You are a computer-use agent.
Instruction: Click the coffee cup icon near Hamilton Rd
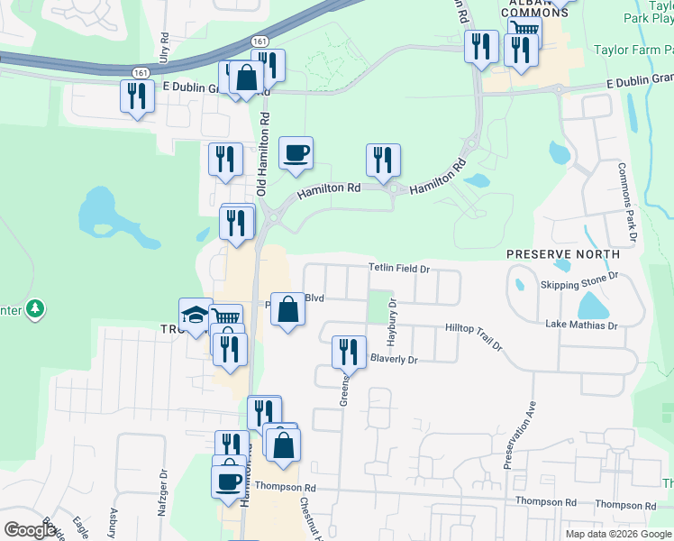click(x=296, y=154)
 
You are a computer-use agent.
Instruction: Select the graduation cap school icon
click(x=196, y=316)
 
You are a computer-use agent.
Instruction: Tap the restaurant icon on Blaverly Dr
click(x=349, y=352)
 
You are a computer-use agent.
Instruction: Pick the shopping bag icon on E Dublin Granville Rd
click(x=246, y=78)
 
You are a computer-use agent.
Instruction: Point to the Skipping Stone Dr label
click(x=578, y=285)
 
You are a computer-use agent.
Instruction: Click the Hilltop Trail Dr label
click(x=473, y=333)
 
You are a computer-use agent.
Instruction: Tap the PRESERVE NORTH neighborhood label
click(x=563, y=254)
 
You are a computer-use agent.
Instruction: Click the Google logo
click(x=30, y=530)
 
